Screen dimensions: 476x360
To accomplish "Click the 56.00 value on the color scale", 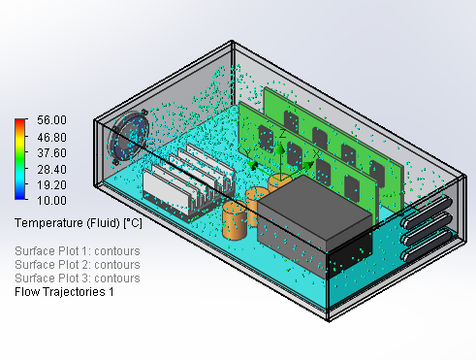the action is coord(51,120).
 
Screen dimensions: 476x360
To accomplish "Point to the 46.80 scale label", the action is coord(51,137).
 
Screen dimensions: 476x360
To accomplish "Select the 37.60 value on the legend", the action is coord(51,152).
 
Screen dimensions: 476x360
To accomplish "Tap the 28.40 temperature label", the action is coord(51,169).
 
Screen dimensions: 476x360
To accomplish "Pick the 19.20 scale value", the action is coord(51,184).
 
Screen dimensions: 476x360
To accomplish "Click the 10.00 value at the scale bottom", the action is coord(51,200).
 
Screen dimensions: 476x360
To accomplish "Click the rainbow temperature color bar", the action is coord(19,159).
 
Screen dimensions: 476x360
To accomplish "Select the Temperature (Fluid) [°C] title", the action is coord(79,223).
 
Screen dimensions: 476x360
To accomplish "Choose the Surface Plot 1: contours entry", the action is coord(78,251).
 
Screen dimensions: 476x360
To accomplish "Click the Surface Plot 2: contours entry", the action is coord(78,265).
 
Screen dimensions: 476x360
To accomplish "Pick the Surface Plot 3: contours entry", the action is coord(78,278).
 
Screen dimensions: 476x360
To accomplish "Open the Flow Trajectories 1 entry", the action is coord(64,292).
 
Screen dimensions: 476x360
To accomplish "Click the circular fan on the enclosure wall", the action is coord(128,137).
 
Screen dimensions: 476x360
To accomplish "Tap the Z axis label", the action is coord(282,134).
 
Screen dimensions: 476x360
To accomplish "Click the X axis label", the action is coord(316,154).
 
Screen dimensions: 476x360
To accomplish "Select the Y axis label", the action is coord(246,152).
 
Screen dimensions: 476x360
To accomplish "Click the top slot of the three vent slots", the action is coord(426,212).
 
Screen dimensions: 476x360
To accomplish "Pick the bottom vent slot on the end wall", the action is coord(426,245).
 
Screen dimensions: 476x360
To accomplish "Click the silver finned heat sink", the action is coord(188,183).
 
